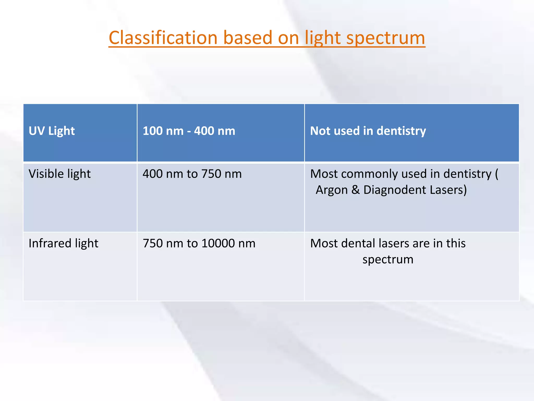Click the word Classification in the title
coord(163,38)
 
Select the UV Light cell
coord(52,131)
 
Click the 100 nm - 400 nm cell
coord(189,131)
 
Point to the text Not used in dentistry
coord(368,131)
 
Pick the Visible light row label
coord(59,174)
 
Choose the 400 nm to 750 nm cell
coord(192,174)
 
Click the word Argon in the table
coord(331,190)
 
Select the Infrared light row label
coord(63,243)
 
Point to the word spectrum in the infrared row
coord(388,260)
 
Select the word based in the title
coord(248,38)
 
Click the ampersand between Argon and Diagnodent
coord(355,190)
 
